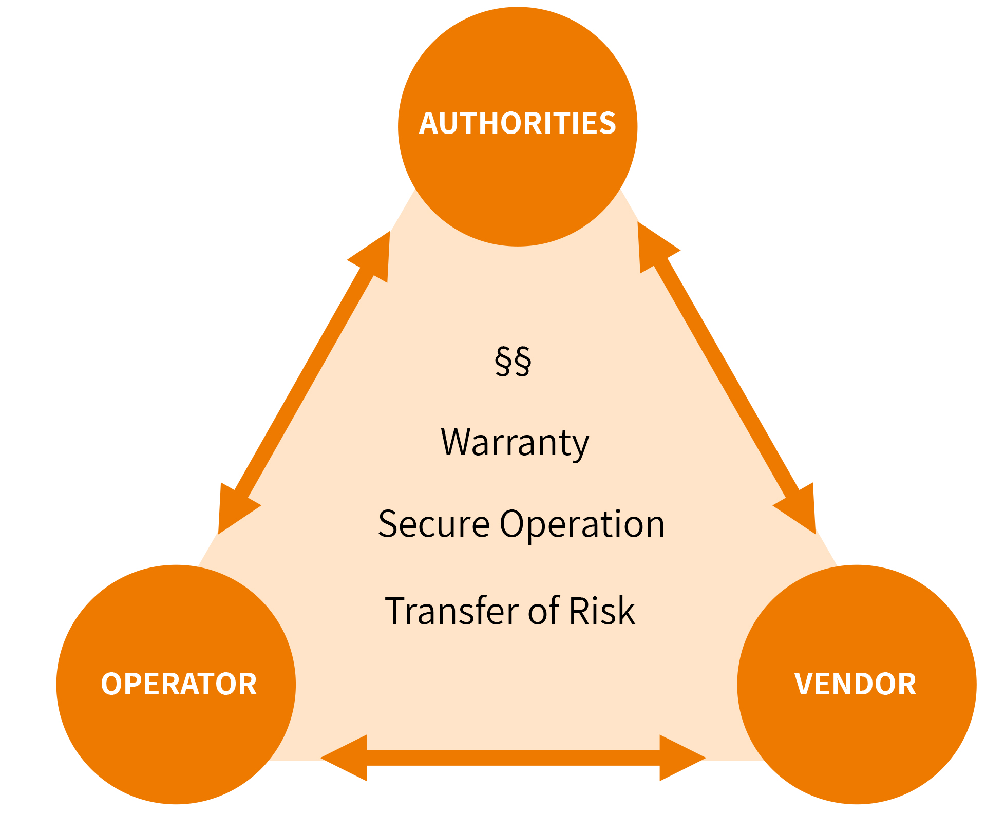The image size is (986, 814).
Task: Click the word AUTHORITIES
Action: [517, 123]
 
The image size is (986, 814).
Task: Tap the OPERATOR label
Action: [179, 684]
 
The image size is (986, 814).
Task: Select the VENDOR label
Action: [855, 684]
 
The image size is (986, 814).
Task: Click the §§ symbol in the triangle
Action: [513, 361]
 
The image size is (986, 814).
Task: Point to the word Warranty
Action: [515, 443]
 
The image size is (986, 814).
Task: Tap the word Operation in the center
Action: [582, 524]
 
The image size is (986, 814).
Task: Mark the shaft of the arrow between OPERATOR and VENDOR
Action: [514, 758]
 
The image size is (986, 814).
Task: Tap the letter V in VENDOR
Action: [804, 684]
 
